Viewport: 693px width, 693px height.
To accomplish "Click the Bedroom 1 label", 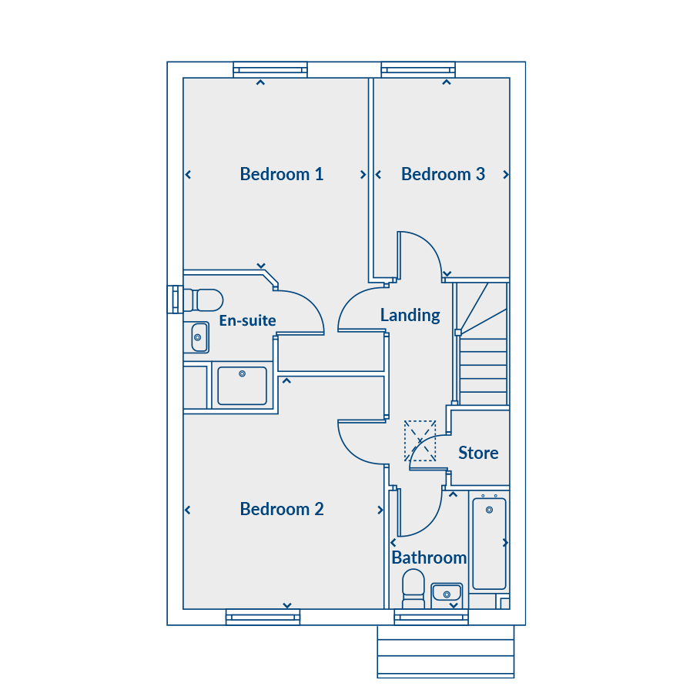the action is point(282,174).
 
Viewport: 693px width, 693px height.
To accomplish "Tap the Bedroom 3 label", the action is point(443,174).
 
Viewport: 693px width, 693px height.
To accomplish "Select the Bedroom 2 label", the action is point(282,509).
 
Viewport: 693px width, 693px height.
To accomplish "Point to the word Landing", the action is point(410,316).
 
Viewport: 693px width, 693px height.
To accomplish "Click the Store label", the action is point(478,453).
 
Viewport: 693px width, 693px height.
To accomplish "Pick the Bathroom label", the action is point(429,557).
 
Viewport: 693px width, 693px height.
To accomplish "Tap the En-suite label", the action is point(247,320).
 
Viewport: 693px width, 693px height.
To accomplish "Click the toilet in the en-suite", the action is point(203,300).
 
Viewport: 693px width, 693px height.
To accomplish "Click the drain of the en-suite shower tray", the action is point(243,374).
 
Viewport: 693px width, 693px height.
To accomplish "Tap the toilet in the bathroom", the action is point(413,588).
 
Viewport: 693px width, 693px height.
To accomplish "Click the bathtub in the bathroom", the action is point(489,544).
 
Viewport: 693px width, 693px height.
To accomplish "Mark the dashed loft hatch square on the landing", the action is point(420,440).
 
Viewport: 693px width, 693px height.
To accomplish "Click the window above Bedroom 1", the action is point(270,70).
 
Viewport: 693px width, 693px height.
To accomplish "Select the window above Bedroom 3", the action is point(418,70).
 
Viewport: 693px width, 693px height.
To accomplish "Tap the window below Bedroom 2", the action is point(263,617).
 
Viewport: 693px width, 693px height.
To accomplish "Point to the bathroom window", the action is point(431,617).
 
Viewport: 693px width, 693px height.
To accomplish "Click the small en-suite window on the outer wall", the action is point(175,300).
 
